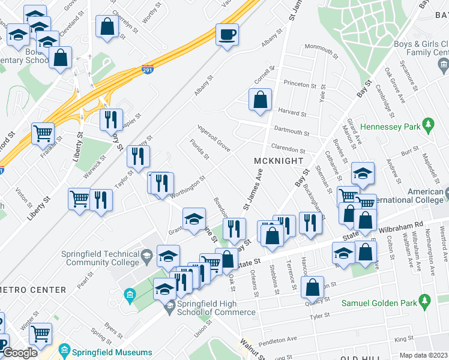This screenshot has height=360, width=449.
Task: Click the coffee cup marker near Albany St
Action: click(228, 34)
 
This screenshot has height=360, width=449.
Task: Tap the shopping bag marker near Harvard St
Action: click(261, 100)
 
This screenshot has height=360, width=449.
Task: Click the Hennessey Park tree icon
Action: click(427, 125)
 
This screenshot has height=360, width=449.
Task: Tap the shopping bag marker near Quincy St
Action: click(313, 287)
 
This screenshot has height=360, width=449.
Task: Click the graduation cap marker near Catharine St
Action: click(363, 173)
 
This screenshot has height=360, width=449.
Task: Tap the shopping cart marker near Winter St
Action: click(40, 334)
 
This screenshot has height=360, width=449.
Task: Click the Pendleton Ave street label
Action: click(279, 343)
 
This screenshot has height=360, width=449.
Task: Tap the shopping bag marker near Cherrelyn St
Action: click(107, 27)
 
